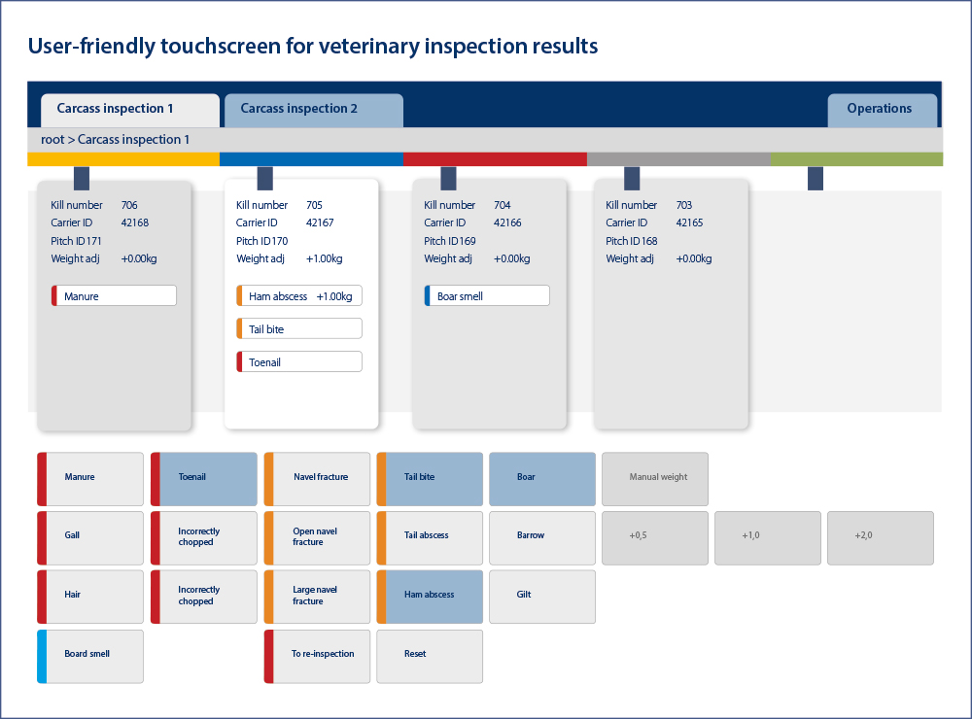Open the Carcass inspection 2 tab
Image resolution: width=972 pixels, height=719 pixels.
click(x=313, y=109)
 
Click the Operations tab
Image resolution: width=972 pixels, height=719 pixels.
click(x=882, y=109)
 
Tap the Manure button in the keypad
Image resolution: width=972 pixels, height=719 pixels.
click(x=90, y=478)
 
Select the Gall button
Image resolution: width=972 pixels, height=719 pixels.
click(x=90, y=536)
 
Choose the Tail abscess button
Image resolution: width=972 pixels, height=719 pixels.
click(x=430, y=536)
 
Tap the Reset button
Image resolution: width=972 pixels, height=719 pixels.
click(x=430, y=655)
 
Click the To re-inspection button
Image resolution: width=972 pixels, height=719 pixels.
click(x=318, y=655)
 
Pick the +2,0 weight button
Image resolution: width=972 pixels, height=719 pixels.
click(x=881, y=536)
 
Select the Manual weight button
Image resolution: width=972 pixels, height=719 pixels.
click(x=655, y=478)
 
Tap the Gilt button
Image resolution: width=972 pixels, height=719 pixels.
click(x=542, y=595)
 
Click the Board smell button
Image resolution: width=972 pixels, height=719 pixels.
click(x=90, y=655)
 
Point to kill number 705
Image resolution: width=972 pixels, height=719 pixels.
click(x=314, y=205)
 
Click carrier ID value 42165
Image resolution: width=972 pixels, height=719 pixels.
click(x=689, y=223)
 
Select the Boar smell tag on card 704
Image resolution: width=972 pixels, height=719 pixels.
click(x=487, y=296)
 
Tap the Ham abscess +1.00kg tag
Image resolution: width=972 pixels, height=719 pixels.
click(x=300, y=296)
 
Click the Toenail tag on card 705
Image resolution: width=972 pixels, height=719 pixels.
click(x=300, y=362)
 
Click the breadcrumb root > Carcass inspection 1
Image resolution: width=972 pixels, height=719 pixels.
click(x=116, y=140)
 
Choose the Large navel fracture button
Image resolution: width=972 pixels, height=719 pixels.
click(x=318, y=595)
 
